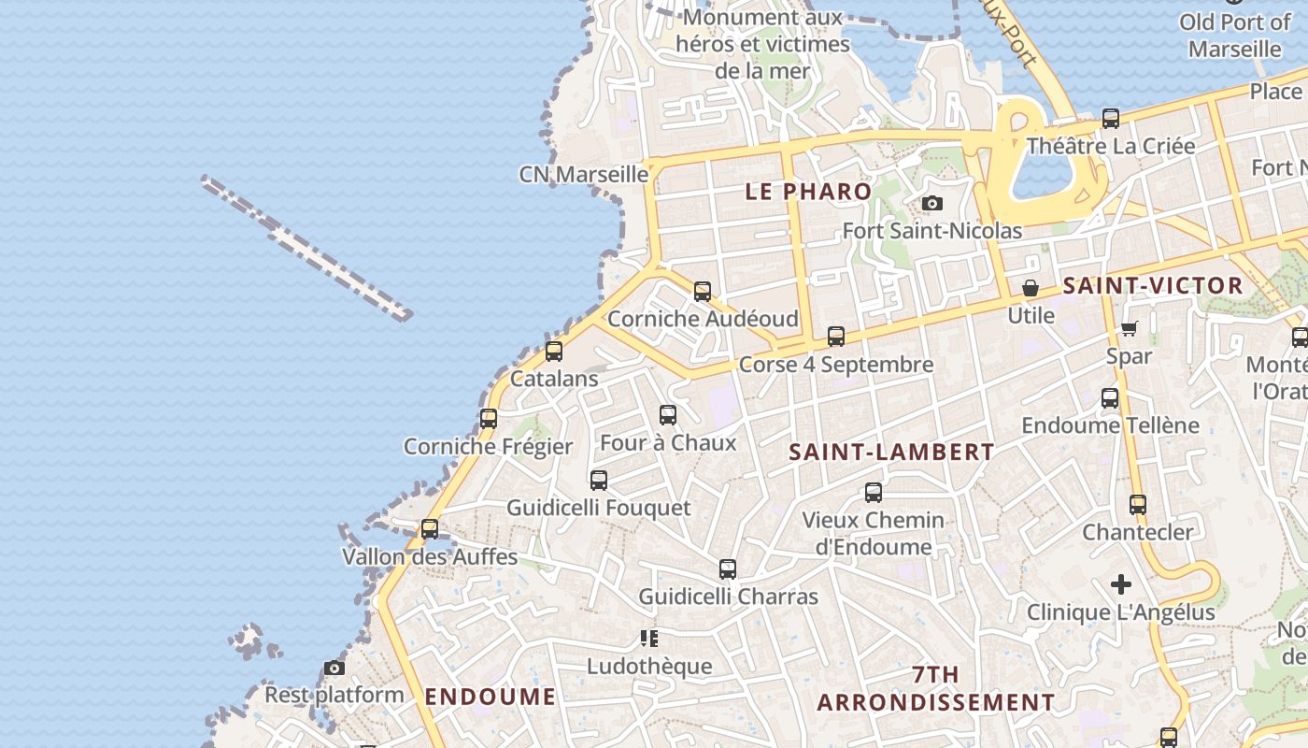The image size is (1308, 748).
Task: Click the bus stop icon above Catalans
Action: pyautogui.click(x=554, y=352)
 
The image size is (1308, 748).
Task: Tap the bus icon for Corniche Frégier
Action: pyautogui.click(x=489, y=419)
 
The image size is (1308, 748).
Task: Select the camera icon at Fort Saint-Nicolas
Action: pyautogui.click(x=931, y=203)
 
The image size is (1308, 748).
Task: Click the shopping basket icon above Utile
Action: pyautogui.click(x=1031, y=288)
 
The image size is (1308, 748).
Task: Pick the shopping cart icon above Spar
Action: pyautogui.click(x=1129, y=328)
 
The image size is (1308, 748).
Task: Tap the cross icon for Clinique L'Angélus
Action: pyautogui.click(x=1121, y=585)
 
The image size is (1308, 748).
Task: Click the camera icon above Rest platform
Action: pyautogui.click(x=334, y=668)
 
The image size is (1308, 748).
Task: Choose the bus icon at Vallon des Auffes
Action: pyautogui.click(x=430, y=529)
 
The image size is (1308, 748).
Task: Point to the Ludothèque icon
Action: pyautogui.click(x=649, y=639)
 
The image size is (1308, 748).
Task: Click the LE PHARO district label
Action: pyautogui.click(x=808, y=192)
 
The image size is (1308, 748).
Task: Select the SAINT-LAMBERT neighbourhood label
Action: pyautogui.click(x=891, y=453)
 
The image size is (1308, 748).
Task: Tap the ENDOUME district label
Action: pyautogui.click(x=490, y=697)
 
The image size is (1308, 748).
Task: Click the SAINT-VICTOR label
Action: pyautogui.click(x=1153, y=286)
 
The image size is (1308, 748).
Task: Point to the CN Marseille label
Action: pyautogui.click(x=583, y=175)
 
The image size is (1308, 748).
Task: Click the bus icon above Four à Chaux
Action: pyautogui.click(x=668, y=415)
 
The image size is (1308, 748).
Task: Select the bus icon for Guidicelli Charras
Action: pyautogui.click(x=728, y=568)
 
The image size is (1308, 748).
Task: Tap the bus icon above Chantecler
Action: pyautogui.click(x=1138, y=505)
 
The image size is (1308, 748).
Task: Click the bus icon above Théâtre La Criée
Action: pyautogui.click(x=1111, y=119)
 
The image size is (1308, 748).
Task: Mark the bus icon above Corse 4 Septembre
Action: pyautogui.click(x=836, y=337)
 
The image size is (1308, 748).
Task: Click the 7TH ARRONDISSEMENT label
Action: pyautogui.click(x=936, y=688)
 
